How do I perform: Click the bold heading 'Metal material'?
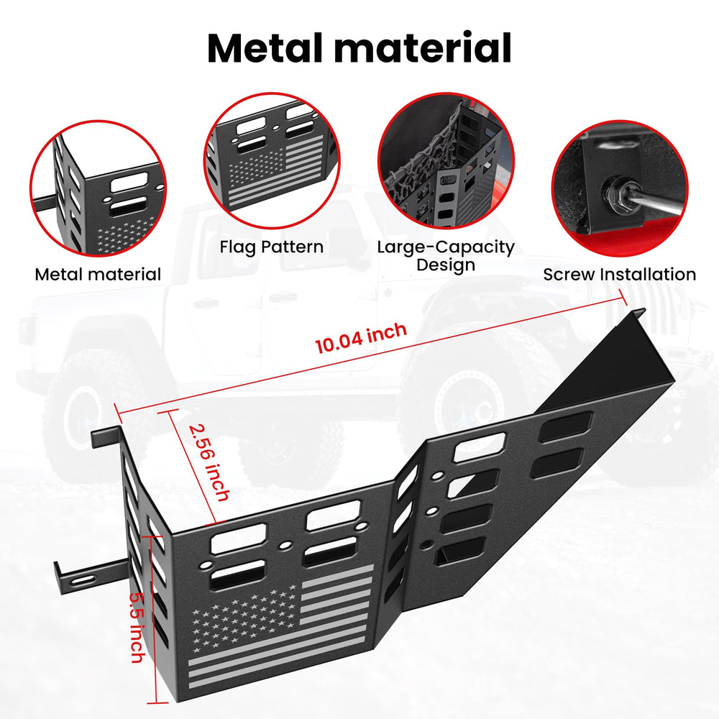pos(359,48)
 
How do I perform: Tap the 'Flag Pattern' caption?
pos(272,247)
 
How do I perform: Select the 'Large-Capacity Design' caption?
pos(446,256)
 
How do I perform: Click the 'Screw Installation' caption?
pos(620,274)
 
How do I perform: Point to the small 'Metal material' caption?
pos(98,274)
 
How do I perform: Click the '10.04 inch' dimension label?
pos(361,337)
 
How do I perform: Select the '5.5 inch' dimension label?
pos(137,627)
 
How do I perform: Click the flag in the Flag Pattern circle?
pos(275,170)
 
